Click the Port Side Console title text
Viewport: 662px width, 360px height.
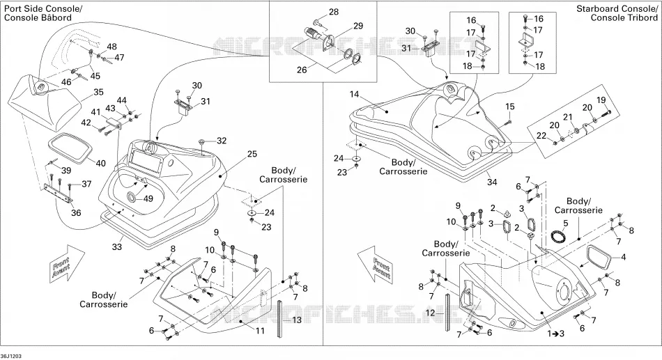pyautogui.click(x=43, y=9)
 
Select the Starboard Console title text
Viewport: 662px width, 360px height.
pyautogui.click(x=617, y=8)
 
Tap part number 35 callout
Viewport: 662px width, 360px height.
pyautogui.click(x=98, y=92)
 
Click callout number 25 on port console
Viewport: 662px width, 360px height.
pyautogui.click(x=252, y=154)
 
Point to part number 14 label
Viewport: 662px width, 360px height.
pyautogui.click(x=354, y=94)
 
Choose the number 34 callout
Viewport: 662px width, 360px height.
pyautogui.click(x=492, y=182)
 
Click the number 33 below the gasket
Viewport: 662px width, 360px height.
pyautogui.click(x=116, y=246)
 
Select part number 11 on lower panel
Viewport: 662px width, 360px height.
pyautogui.click(x=260, y=331)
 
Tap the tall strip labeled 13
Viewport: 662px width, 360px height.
pyautogui.click(x=280, y=318)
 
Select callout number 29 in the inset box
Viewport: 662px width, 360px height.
pyautogui.click(x=358, y=26)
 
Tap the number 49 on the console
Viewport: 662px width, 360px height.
pyautogui.click(x=147, y=198)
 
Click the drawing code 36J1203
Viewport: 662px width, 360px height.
pyautogui.click(x=11, y=357)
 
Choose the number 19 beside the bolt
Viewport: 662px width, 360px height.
pyautogui.click(x=601, y=100)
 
